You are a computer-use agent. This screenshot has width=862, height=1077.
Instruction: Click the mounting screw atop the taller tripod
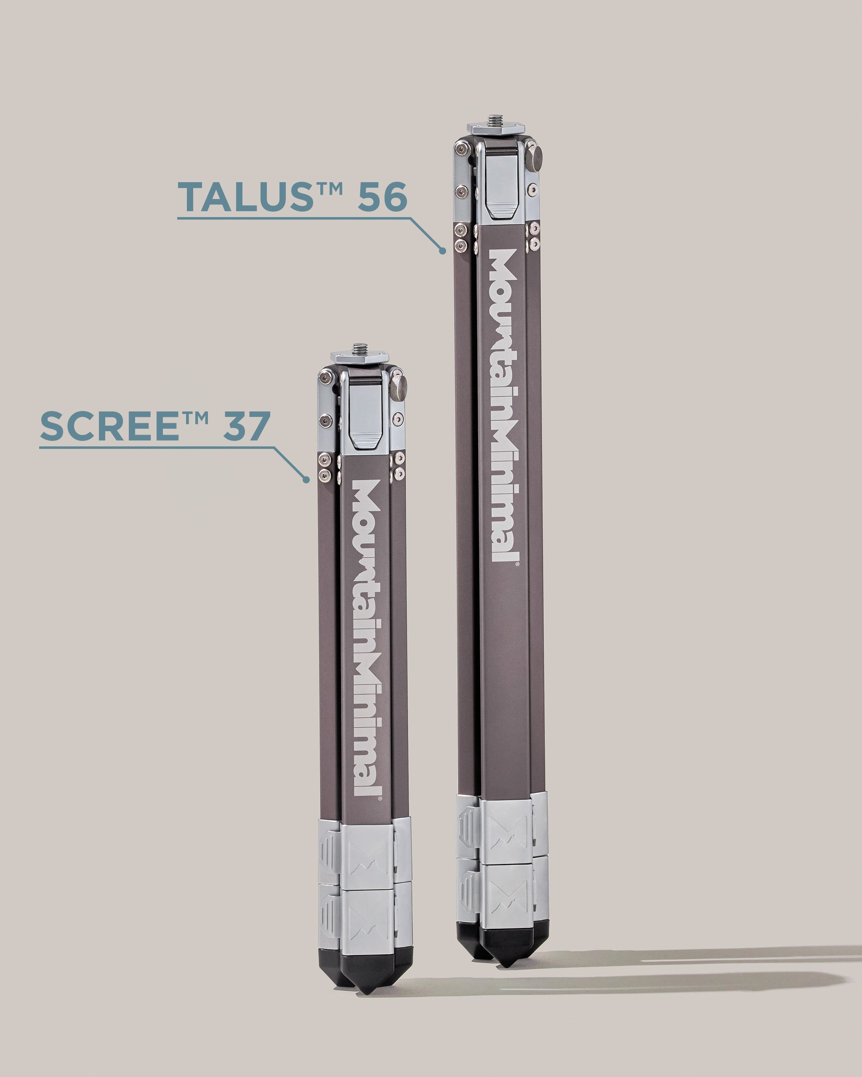click(496, 120)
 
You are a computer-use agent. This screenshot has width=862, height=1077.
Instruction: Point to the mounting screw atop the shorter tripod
click(359, 348)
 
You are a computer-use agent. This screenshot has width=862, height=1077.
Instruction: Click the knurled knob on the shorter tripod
click(400, 387)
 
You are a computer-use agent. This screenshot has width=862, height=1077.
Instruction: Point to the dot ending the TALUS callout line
click(443, 251)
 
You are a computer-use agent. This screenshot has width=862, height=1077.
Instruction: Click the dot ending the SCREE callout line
click(306, 480)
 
